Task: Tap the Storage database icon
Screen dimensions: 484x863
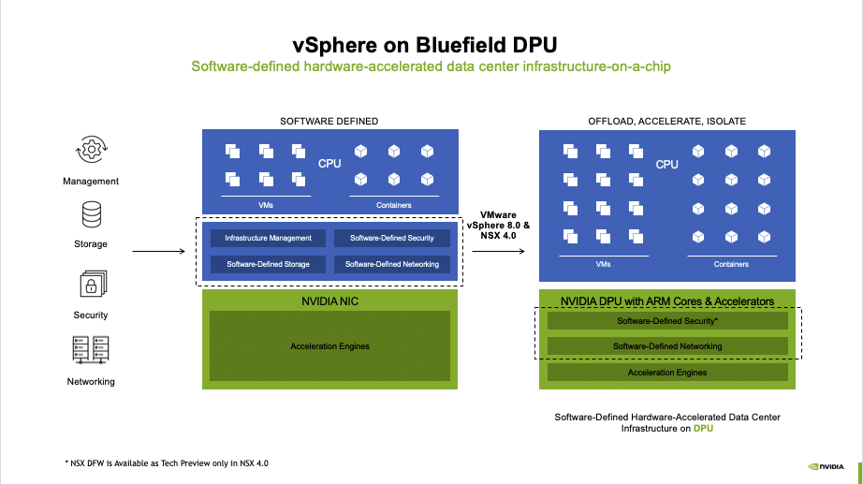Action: click(92, 215)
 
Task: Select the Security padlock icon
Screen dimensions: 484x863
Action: click(92, 284)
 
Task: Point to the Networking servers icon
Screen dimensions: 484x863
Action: click(92, 350)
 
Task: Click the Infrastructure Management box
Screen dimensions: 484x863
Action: click(268, 238)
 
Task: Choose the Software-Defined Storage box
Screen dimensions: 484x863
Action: click(268, 264)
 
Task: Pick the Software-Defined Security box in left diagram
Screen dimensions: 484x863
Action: click(391, 238)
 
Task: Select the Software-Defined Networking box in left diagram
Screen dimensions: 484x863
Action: click(391, 264)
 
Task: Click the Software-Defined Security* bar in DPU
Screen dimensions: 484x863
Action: click(667, 321)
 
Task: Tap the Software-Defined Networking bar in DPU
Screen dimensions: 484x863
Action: click(667, 346)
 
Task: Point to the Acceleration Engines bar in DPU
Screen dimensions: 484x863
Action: click(667, 373)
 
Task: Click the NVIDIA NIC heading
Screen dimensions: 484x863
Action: click(329, 301)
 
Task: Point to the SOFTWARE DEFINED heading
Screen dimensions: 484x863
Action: click(329, 121)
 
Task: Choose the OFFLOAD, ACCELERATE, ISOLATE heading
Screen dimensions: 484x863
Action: click(666, 121)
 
